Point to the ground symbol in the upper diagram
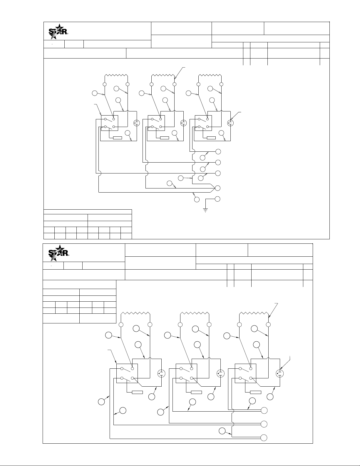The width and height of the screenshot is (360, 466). pyautogui.click(x=205, y=209)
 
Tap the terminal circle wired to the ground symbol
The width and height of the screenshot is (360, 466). pyautogui.click(x=218, y=199)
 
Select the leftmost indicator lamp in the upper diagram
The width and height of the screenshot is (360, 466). pyautogui.click(x=136, y=123)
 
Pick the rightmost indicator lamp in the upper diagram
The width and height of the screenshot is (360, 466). pyautogui.click(x=230, y=123)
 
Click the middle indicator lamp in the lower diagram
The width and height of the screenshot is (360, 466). pyautogui.click(x=220, y=374)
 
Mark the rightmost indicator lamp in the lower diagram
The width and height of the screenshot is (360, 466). pyautogui.click(x=279, y=374)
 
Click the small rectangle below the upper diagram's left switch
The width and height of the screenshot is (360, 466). pyautogui.click(x=118, y=138)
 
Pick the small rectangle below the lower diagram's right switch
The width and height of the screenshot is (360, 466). pyautogui.click(x=256, y=392)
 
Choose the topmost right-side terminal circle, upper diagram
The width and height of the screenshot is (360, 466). pyautogui.click(x=218, y=151)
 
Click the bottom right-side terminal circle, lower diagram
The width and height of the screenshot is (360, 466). pyautogui.click(x=264, y=437)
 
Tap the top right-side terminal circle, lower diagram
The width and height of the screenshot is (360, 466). pyautogui.click(x=264, y=410)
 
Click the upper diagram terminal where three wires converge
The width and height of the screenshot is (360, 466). pyautogui.click(x=218, y=188)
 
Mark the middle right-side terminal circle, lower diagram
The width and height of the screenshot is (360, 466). pyautogui.click(x=264, y=424)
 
